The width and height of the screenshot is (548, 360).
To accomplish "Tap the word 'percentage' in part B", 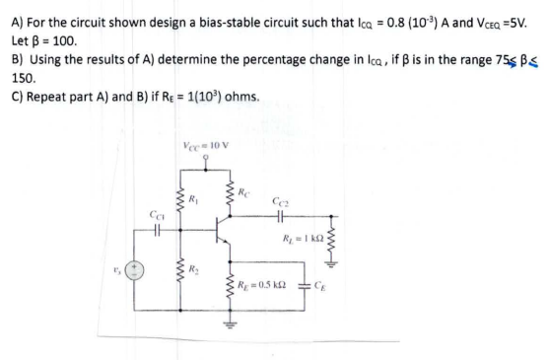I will tap(267, 66).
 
